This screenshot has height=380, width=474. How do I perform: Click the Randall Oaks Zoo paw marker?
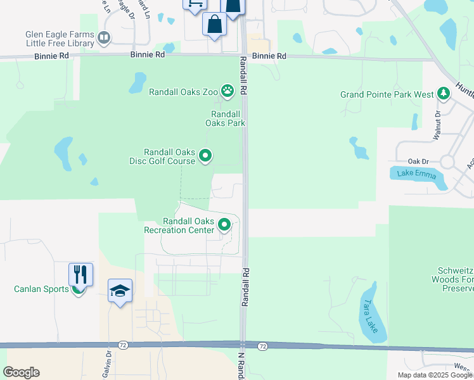pos(226,91)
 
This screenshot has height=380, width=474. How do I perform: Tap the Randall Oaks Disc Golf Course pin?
pos(205,155)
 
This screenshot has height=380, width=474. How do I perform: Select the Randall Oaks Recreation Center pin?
pos(224,225)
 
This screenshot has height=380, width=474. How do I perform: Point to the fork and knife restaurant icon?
pos(80,274)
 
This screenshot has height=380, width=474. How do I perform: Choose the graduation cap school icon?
pos(120,291)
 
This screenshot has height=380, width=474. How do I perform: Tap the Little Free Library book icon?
pos(103,39)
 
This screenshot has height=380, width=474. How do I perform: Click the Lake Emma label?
pos(416,174)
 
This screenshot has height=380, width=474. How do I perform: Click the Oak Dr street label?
pos(419,161)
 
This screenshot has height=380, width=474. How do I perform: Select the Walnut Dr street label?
pos(437,125)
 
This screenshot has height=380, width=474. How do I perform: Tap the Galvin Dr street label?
pos(108,365)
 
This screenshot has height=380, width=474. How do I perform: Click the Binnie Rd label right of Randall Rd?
pos(269,56)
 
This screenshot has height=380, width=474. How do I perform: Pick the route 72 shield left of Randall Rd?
pos(123,345)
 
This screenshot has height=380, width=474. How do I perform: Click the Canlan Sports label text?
pos(41,289)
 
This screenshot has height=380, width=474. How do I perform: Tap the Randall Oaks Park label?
pos(225,118)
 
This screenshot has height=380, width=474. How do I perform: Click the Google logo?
pos(22,372)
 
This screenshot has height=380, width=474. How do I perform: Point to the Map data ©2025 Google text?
pos(435,375)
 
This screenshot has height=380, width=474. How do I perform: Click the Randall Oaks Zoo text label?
pos(183,92)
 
